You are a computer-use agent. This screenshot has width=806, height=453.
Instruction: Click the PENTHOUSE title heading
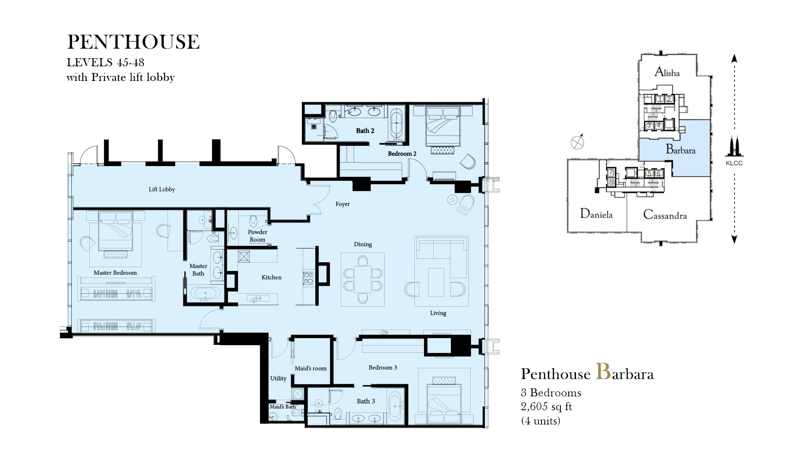tap(133, 42)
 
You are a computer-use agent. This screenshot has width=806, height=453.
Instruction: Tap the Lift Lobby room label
tap(162, 189)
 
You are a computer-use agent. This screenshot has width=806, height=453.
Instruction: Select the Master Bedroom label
tap(115, 273)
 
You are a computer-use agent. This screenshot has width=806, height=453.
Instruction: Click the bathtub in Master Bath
tap(205, 293)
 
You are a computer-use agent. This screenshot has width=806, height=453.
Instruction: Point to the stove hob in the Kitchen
tap(308, 278)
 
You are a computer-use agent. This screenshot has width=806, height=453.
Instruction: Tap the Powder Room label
tap(257, 236)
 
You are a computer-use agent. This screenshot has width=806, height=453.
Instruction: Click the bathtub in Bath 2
tap(397, 124)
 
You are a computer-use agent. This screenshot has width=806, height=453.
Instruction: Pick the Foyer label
tap(343, 204)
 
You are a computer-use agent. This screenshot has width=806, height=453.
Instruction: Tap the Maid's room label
tap(310, 368)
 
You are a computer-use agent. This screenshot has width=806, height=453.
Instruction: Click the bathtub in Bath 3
tap(396, 406)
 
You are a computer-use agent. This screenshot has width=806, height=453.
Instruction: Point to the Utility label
tap(278, 378)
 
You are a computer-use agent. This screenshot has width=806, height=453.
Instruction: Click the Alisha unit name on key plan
tap(667, 72)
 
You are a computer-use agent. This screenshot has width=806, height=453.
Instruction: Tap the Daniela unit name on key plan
tap(596, 214)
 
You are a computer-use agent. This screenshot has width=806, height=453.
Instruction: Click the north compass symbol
tap(578, 142)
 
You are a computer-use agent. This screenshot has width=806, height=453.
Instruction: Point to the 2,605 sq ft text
tap(546, 406)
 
